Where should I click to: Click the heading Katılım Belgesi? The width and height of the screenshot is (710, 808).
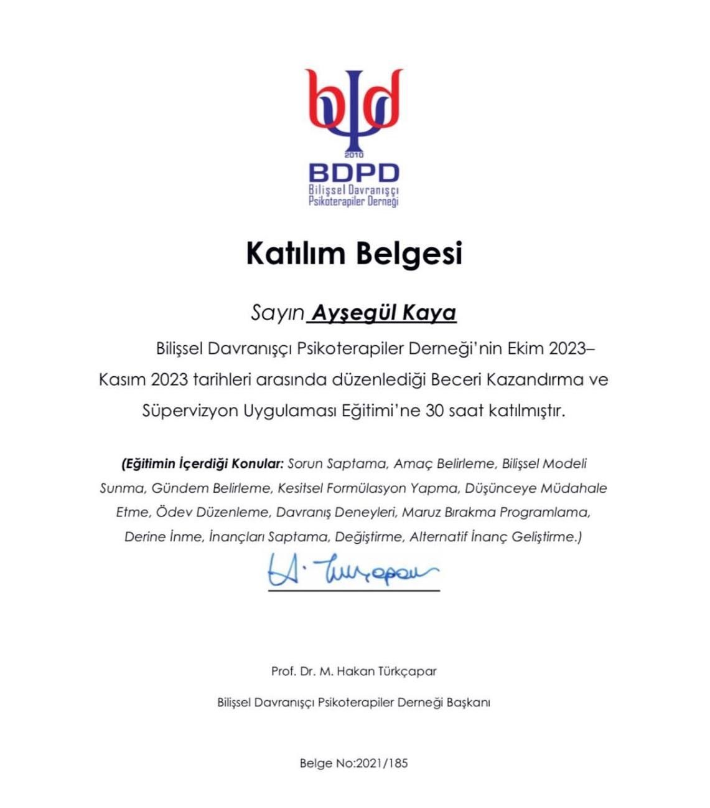[x=354, y=254]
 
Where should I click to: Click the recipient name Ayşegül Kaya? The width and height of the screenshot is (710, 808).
[x=383, y=312]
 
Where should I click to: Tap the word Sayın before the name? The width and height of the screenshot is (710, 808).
[x=277, y=313]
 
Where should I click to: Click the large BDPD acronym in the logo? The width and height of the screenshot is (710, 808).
[x=353, y=173]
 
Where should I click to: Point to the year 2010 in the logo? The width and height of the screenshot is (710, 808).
[x=353, y=154]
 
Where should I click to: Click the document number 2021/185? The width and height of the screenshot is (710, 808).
[x=381, y=763]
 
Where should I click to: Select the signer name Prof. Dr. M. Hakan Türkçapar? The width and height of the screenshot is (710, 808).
[x=353, y=672]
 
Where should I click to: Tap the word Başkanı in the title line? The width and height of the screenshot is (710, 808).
[x=468, y=702]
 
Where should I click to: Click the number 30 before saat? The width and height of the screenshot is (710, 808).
[x=434, y=411]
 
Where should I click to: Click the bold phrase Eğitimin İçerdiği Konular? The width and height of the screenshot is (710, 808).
[x=203, y=464]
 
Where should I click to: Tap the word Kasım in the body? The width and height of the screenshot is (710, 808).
[x=122, y=379]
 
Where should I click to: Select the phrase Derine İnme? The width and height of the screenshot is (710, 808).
[x=164, y=536]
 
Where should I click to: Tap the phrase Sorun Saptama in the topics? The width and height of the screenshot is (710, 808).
[x=337, y=464]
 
